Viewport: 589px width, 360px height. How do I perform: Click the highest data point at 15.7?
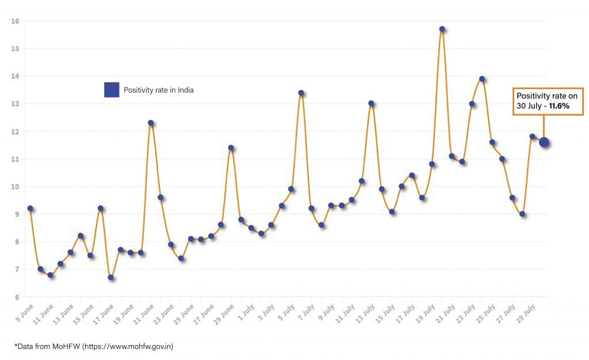coord(442,29)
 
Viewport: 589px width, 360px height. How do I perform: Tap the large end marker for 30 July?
coord(544,142)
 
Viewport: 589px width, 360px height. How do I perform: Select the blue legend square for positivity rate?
coord(112,90)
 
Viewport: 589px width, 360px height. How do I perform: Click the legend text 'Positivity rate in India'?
coord(159,90)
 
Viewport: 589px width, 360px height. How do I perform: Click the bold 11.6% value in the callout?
coord(557,106)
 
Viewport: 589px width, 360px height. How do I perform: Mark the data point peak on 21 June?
coord(151,122)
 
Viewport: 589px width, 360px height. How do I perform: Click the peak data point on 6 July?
coord(301,93)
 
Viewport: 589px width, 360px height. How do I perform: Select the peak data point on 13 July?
coord(371,104)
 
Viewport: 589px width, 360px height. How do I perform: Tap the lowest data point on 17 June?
coord(110,277)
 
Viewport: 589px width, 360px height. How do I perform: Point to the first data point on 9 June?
coord(30,208)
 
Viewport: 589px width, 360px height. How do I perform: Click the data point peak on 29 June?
coord(231,148)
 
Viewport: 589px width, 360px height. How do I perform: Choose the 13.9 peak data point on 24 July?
coord(482,79)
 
